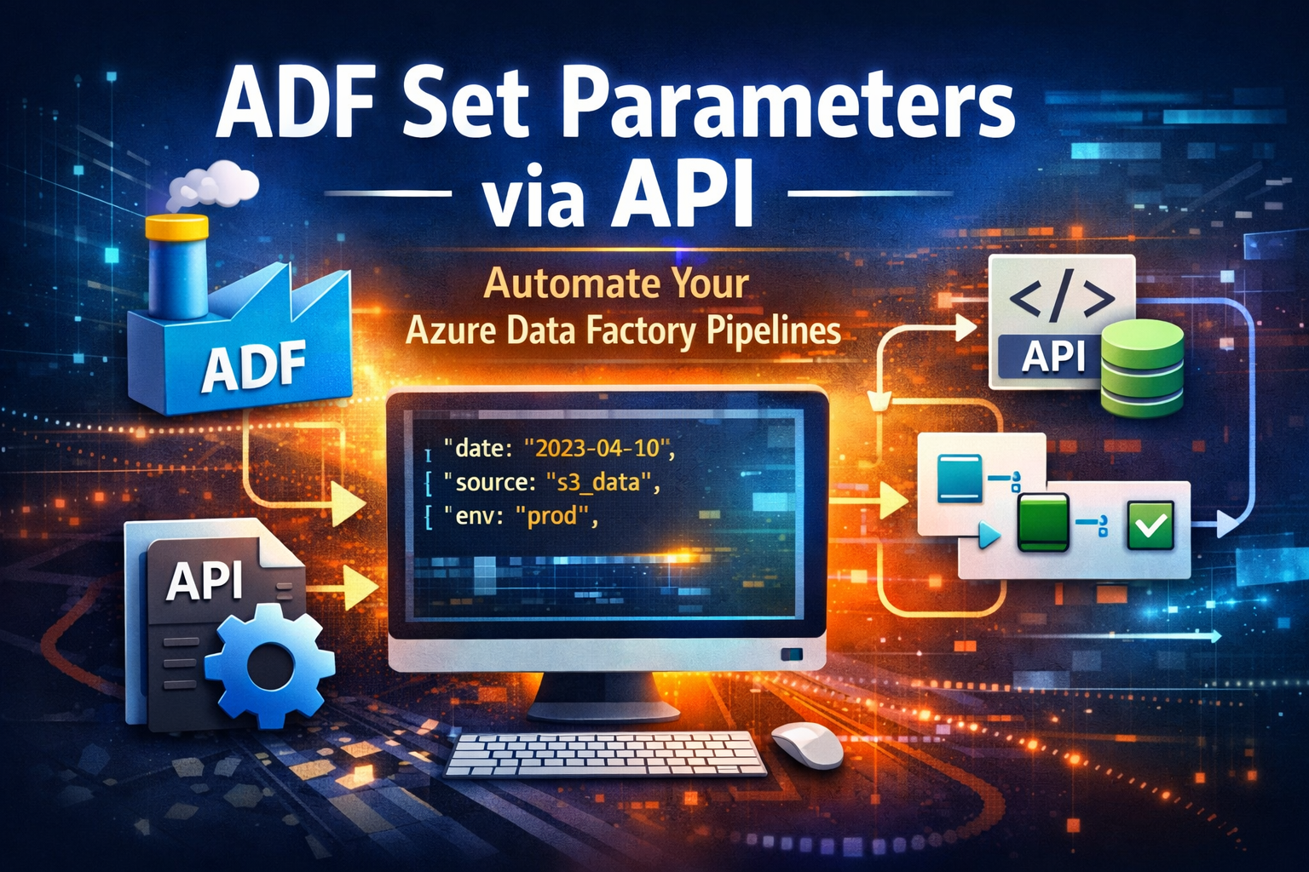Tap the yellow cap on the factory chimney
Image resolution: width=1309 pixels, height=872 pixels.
177,227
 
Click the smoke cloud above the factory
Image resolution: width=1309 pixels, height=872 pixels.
213,183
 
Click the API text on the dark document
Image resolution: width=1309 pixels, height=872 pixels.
205,581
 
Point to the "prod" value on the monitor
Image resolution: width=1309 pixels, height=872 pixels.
552,517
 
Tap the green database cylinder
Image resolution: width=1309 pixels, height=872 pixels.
1142,368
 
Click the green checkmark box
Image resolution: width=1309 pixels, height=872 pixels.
1150,525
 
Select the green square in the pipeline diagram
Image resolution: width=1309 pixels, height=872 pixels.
1043,522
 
